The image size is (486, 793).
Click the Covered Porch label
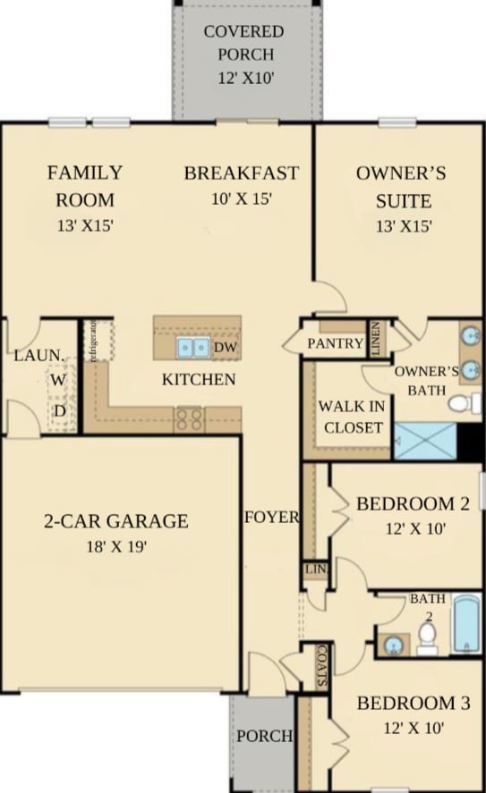(x=243, y=43)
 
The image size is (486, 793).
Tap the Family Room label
(x=85, y=185)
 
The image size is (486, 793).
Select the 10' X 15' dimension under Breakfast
(x=242, y=199)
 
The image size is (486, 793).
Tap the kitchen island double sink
(x=192, y=347)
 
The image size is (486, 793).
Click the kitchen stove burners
(x=188, y=419)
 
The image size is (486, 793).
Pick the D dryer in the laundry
(x=59, y=410)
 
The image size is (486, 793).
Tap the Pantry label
(x=335, y=343)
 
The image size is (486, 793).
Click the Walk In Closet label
(x=353, y=417)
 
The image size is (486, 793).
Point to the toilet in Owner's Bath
(x=461, y=403)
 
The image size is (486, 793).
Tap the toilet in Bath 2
(x=428, y=637)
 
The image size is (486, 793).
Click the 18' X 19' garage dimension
(x=115, y=546)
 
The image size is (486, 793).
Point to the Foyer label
(x=271, y=517)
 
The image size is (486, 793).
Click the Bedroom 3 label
(x=412, y=704)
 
